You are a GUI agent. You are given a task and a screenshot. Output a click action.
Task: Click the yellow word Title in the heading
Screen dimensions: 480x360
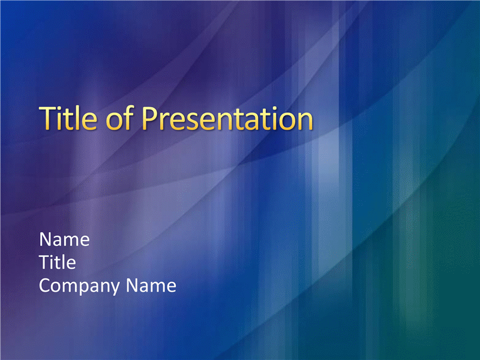point(68,118)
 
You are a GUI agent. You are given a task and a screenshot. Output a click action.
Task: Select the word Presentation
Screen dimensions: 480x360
point(227,118)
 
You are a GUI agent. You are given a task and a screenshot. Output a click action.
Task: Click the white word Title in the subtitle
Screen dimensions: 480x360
point(58,262)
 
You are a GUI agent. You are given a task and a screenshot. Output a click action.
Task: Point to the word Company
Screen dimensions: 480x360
point(80,286)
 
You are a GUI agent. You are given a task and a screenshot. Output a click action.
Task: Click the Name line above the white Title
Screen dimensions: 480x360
point(64,239)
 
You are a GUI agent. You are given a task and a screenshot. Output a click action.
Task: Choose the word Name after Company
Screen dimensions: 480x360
point(151,286)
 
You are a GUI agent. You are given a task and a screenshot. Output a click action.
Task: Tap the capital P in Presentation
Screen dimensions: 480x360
point(150,118)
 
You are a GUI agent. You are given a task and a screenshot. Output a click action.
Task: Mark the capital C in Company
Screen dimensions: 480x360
point(46,286)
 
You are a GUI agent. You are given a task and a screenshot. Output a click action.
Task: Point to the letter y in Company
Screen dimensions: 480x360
point(115,289)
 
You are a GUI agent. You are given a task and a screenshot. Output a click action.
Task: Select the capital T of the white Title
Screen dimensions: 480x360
point(46,262)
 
